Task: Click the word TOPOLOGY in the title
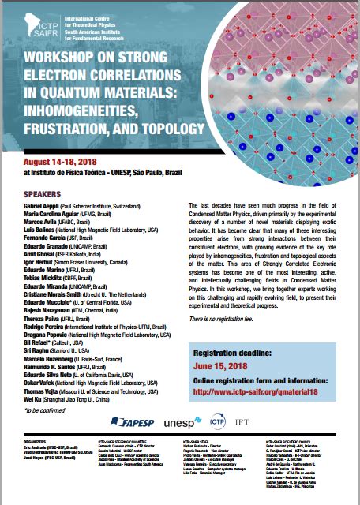[x=159, y=127]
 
